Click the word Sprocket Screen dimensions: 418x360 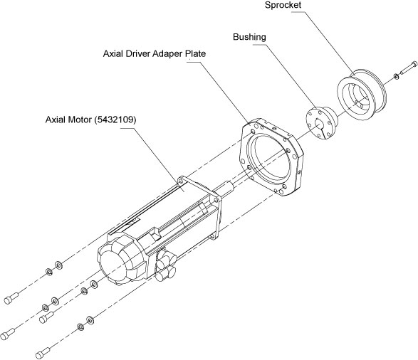(x=283, y=5)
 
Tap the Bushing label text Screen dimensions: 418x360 (x=249, y=37)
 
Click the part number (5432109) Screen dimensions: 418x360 (x=115, y=120)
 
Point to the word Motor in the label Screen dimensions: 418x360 (x=80, y=120)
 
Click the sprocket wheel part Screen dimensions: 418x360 (x=362, y=95)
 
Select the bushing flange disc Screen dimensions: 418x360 (x=319, y=123)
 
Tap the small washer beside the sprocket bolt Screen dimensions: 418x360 (x=396, y=77)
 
